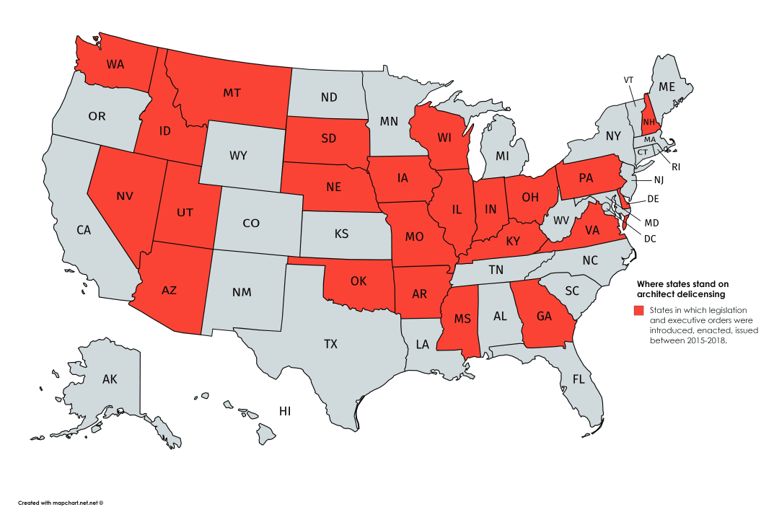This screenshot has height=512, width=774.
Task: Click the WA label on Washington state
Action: (115, 63)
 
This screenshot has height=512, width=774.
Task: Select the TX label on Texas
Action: (330, 344)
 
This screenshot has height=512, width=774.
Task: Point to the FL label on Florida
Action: (579, 379)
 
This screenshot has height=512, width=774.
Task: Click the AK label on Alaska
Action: (110, 379)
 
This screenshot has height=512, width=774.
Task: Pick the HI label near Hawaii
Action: (285, 411)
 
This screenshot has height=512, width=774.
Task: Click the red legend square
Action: (638, 310)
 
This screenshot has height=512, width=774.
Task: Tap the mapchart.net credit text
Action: (61, 502)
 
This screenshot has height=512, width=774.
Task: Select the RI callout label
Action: (676, 166)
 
